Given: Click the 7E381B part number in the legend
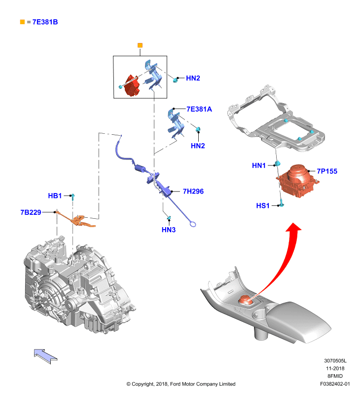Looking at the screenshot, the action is (45, 22).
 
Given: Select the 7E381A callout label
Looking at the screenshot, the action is (199, 109).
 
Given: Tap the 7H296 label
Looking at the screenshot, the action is (193, 192).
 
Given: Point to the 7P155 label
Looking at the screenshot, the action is (327, 171).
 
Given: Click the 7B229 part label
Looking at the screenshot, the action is (31, 212).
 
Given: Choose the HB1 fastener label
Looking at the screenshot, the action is (55, 196).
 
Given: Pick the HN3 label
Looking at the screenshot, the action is (169, 230).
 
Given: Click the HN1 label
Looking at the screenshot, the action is (259, 165).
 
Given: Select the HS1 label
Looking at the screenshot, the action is (263, 206).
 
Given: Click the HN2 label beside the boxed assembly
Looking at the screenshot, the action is (193, 78).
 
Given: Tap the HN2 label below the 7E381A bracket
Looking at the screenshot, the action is (198, 146).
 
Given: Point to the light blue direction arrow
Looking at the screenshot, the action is (45, 356).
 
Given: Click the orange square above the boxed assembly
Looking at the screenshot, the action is (140, 45).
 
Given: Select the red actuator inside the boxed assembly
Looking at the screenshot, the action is (132, 85).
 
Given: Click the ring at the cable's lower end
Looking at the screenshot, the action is (193, 224).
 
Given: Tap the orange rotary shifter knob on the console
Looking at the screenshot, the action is (245, 300).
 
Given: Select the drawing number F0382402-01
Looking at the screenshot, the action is (335, 384).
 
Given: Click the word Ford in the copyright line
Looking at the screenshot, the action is (175, 384).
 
